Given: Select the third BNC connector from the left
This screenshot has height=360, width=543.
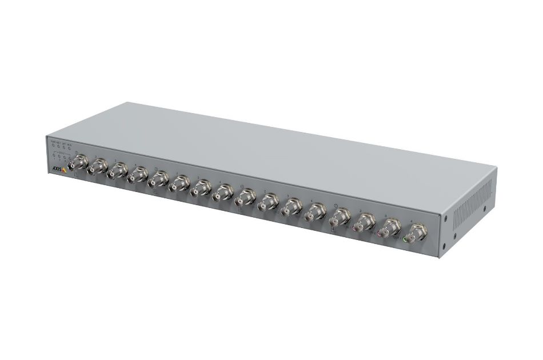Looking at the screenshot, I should click(x=118, y=171).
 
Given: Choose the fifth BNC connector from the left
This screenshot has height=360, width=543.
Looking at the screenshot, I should click(x=158, y=179).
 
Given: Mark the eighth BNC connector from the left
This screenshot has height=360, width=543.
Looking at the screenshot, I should click(x=222, y=194).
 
